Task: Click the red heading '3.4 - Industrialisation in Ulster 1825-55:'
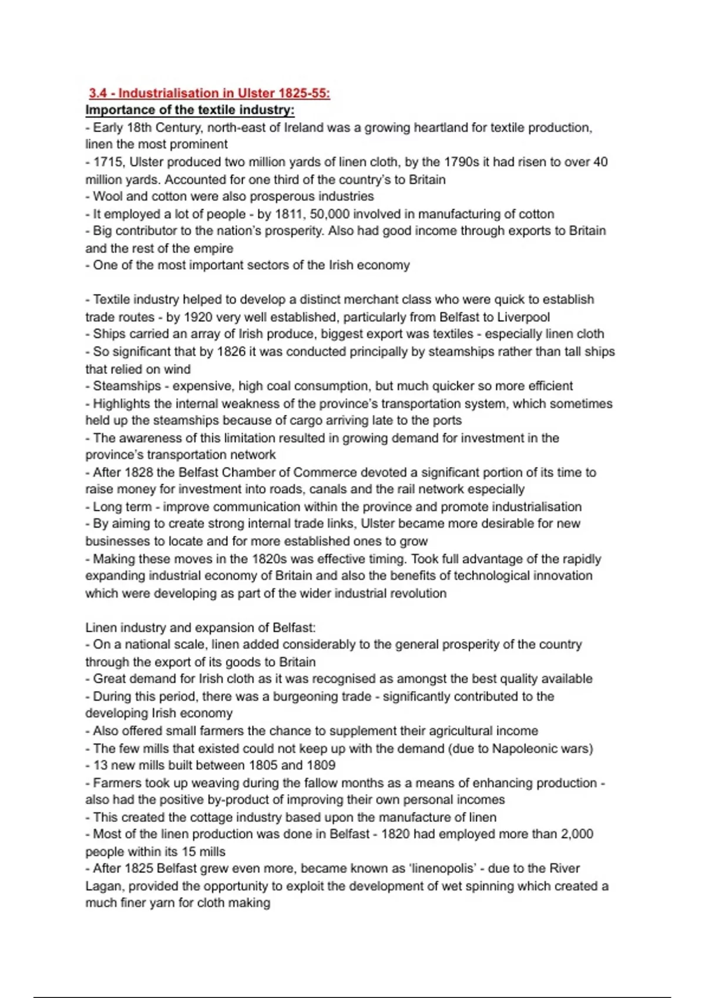209,93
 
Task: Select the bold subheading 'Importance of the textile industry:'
190,110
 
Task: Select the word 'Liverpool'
523,318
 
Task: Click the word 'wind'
177,369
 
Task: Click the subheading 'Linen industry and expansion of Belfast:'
200,628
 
